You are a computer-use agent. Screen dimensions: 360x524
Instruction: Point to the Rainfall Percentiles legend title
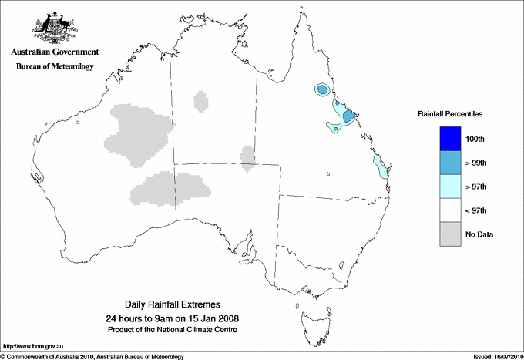[x=450, y=113]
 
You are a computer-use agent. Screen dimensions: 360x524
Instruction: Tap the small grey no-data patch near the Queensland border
[x=247, y=156]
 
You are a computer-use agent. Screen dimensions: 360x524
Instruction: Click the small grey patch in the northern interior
[x=201, y=100]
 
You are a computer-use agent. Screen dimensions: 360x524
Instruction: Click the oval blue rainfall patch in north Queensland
[x=321, y=90]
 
